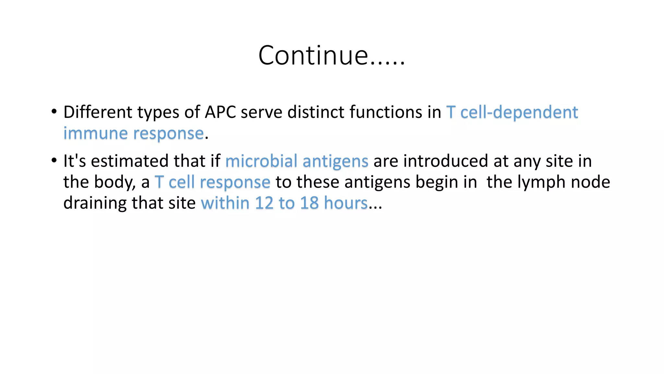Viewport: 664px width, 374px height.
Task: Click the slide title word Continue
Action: coord(313,55)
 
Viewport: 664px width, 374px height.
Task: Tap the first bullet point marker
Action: coord(54,112)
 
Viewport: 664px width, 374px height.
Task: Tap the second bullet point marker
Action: coord(54,160)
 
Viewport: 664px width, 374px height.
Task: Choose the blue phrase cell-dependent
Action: coord(519,112)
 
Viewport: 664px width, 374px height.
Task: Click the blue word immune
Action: coord(96,133)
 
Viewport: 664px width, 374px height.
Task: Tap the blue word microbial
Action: coord(261,161)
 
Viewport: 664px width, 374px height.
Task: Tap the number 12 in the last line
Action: coord(264,203)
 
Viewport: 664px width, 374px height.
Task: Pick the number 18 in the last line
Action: coord(309,203)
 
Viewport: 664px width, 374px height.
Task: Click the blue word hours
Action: coord(346,203)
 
